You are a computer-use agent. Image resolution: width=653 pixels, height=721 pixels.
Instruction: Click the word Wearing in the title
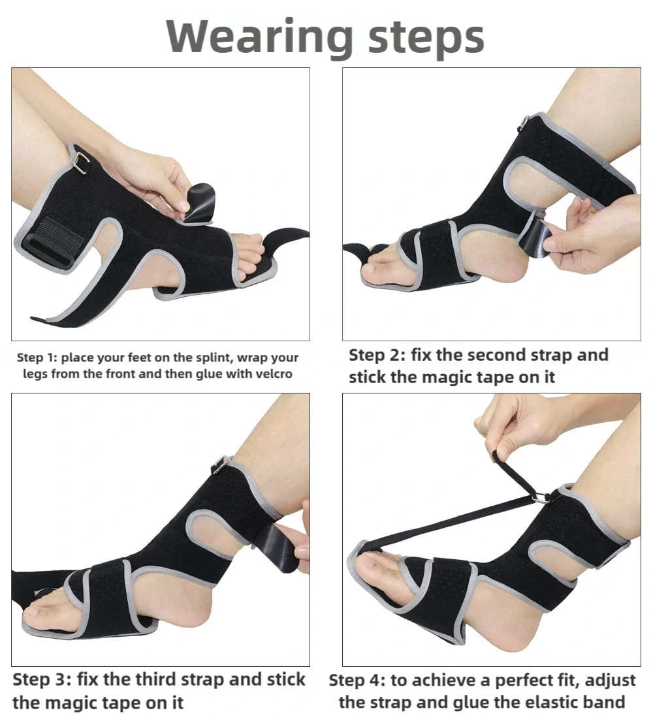click(260, 37)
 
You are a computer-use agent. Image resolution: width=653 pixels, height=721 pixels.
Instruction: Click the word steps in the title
click(426, 38)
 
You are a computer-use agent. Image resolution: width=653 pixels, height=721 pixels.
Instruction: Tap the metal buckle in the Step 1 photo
click(81, 163)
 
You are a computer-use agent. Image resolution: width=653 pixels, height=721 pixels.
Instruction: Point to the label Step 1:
click(37, 358)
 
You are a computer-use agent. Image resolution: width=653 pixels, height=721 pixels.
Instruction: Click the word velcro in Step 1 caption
click(274, 374)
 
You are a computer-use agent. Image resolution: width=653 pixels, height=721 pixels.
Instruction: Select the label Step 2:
click(377, 356)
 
